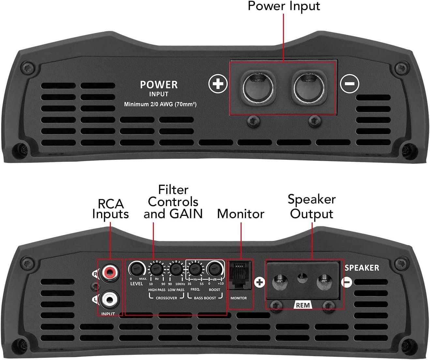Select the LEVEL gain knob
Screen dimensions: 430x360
[x=136, y=269]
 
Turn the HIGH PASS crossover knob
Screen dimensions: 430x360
[x=156, y=269]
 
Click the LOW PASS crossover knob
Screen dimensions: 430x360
[x=175, y=269]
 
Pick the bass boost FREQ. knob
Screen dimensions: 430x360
[x=195, y=269]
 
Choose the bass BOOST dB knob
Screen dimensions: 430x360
[x=215, y=269]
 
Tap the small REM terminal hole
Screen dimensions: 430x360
[x=302, y=278]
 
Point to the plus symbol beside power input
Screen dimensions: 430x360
[x=218, y=83]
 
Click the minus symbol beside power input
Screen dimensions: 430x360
[x=349, y=83]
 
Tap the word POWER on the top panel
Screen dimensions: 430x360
[x=159, y=85]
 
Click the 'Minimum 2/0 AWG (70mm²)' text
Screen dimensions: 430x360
[x=160, y=104]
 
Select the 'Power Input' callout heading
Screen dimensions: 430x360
[x=284, y=6]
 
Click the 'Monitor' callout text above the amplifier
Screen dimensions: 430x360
[x=241, y=214]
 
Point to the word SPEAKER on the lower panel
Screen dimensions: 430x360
[x=362, y=268]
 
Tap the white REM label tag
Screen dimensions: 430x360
[x=303, y=305]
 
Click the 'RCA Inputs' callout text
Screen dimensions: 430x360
[x=111, y=209]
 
